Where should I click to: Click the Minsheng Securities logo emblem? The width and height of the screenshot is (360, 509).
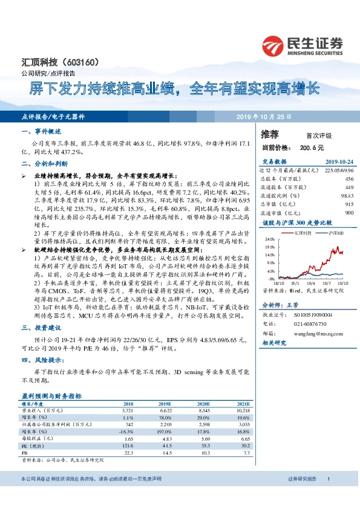pos(273,46)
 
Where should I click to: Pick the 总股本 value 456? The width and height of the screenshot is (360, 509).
pos(349,179)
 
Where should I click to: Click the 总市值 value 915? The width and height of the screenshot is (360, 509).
pos(349,204)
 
